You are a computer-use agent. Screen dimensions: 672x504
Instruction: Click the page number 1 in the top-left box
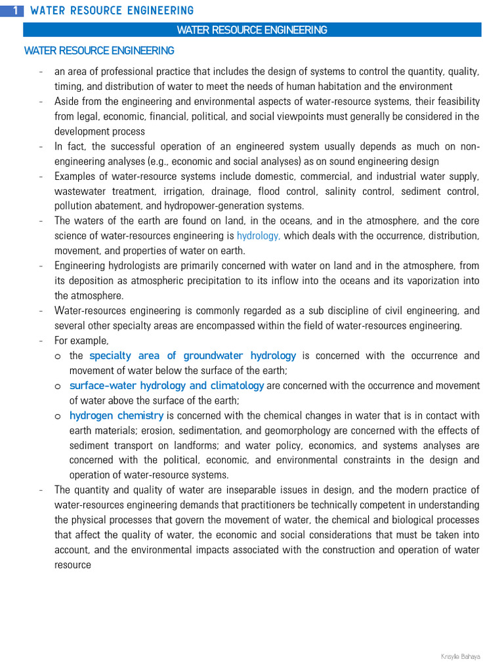pos(15,10)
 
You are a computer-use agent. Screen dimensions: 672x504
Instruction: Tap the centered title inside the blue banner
pos(252,30)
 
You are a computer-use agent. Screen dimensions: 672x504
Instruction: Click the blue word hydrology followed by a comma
pos(259,236)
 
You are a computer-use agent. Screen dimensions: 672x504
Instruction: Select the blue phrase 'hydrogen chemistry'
pos(116,415)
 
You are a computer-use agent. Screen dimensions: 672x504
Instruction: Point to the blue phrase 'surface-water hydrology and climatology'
pos(167,386)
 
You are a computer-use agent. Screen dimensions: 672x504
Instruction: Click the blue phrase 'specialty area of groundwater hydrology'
pos(192,356)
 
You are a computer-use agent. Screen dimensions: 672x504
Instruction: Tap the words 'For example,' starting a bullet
pos(81,341)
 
